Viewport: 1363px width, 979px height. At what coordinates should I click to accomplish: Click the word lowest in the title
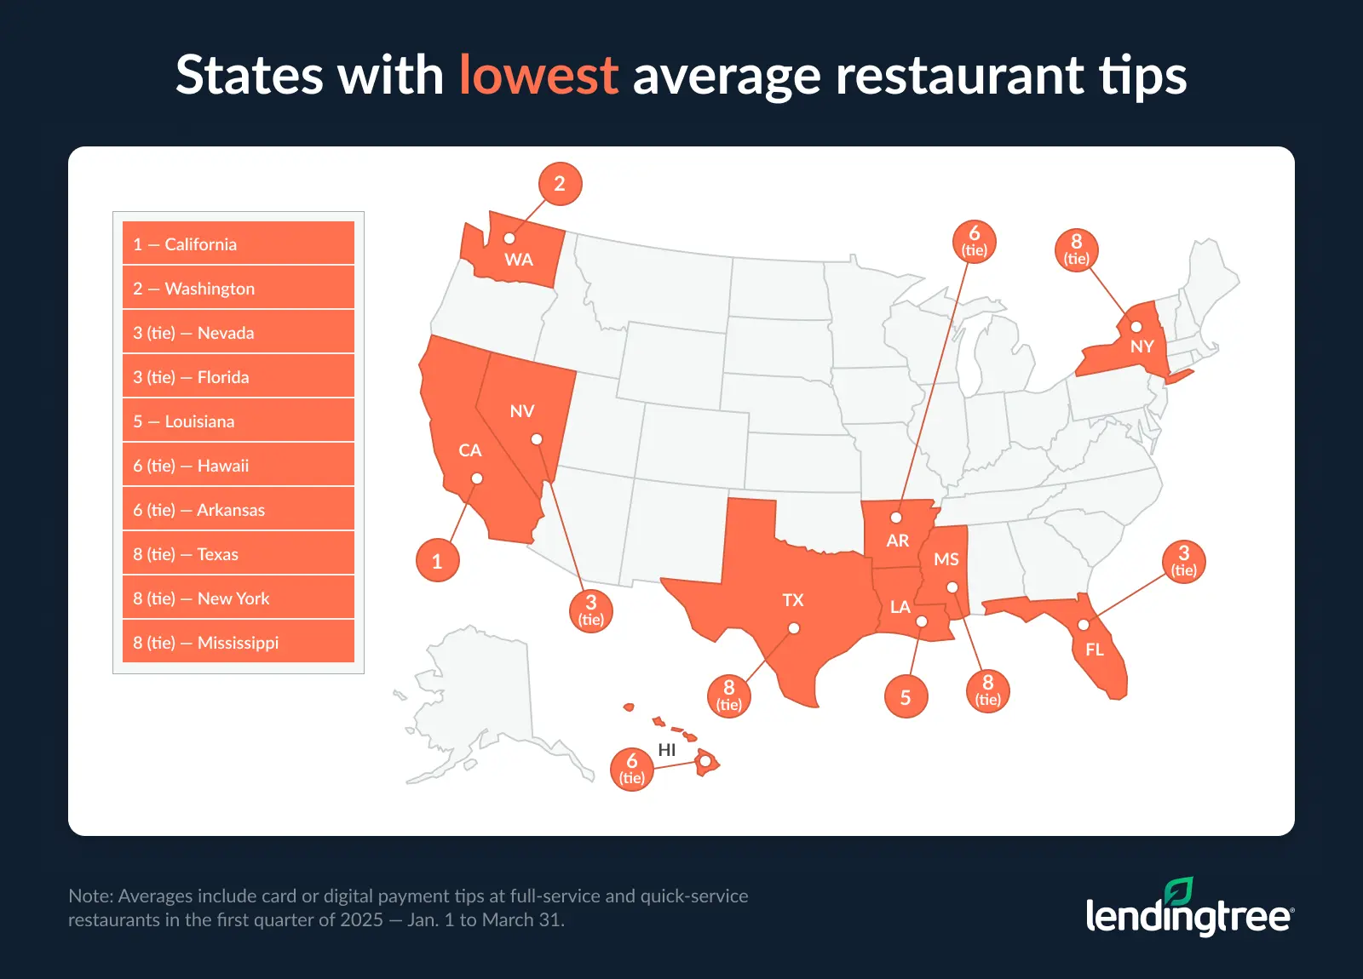tap(538, 75)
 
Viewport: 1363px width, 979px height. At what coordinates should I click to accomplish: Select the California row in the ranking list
tap(239, 244)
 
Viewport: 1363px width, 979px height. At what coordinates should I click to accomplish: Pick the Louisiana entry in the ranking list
tap(239, 421)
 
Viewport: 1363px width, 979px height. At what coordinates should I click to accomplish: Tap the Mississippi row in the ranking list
tap(239, 643)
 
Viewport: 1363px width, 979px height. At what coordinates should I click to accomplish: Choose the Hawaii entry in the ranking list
tap(239, 466)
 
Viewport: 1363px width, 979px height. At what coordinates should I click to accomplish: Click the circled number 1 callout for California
tap(437, 561)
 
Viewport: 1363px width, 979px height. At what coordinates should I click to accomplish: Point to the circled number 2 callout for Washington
tap(560, 184)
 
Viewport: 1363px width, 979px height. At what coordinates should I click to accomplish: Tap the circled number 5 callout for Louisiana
tap(906, 697)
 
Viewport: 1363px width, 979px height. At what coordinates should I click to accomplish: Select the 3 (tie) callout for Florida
tap(1183, 561)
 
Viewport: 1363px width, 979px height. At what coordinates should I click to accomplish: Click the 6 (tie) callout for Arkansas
tap(974, 241)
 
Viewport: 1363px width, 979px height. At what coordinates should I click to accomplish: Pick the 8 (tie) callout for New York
tap(1076, 249)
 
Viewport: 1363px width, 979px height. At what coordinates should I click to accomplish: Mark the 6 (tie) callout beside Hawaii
tap(632, 769)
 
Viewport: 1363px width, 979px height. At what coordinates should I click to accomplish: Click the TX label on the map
tap(793, 600)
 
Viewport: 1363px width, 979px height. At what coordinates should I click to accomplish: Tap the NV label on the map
tap(522, 411)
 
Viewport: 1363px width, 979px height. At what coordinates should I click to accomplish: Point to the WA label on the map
tap(519, 260)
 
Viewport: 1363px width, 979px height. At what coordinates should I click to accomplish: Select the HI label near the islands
tap(667, 750)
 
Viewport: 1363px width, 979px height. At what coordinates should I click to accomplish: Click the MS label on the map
tap(946, 559)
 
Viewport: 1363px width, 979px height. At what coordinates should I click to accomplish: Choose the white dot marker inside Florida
tap(1083, 625)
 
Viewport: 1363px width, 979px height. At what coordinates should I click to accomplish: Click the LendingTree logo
tap(1189, 909)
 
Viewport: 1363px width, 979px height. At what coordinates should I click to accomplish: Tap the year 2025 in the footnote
tap(362, 920)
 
